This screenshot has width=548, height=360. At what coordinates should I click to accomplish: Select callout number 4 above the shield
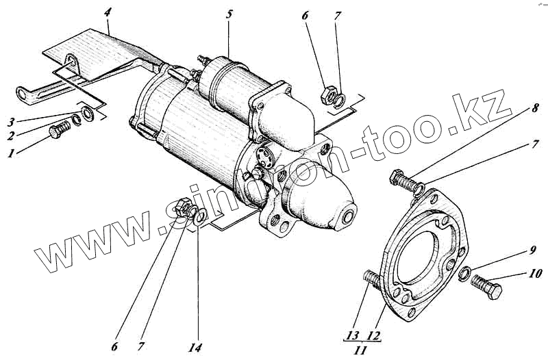point(108,12)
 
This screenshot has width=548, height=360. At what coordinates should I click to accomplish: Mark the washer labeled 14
point(199,219)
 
